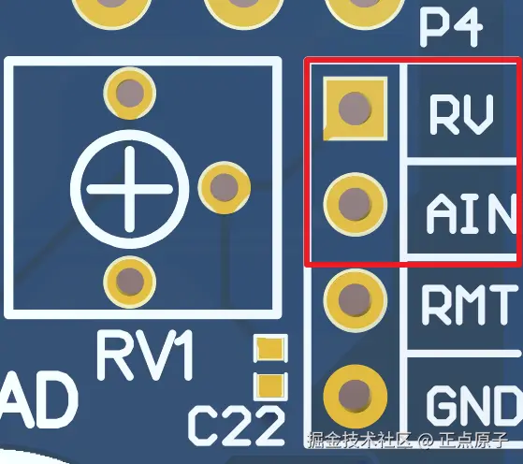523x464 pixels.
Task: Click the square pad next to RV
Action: click(x=355, y=109)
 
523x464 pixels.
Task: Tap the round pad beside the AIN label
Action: click(x=355, y=204)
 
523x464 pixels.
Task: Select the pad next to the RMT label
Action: click(x=355, y=300)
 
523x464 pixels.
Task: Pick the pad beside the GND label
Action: click(x=355, y=397)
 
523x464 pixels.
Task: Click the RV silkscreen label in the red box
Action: click(x=461, y=114)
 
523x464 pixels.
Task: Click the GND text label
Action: click(x=474, y=406)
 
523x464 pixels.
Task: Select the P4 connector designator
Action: click(x=451, y=27)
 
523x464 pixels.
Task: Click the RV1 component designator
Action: click(x=145, y=355)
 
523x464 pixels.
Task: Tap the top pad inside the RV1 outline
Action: click(x=130, y=93)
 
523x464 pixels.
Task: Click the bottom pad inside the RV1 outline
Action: click(x=130, y=282)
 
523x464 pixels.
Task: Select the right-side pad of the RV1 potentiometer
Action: click(x=225, y=187)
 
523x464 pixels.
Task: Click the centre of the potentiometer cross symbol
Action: click(x=129, y=189)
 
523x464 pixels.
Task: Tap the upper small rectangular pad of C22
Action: click(x=270, y=348)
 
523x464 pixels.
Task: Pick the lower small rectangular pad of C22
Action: click(x=270, y=386)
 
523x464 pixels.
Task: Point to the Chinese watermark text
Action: click(x=408, y=440)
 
